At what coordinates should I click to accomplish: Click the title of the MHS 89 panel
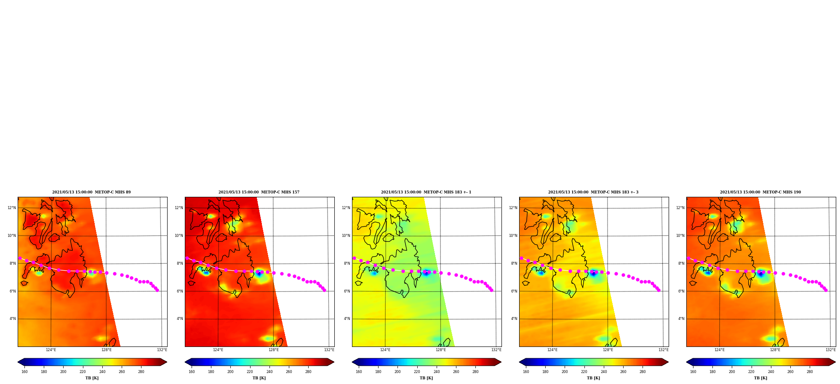click(x=91, y=192)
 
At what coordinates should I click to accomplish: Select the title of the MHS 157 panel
click(x=259, y=192)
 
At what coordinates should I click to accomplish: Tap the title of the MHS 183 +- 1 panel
click(x=426, y=192)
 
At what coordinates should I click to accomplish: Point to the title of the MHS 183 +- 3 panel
click(x=593, y=192)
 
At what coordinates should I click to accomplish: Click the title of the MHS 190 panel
click(x=760, y=192)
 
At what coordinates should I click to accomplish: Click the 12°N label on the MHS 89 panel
click(x=11, y=208)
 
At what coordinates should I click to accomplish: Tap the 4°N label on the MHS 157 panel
click(x=180, y=319)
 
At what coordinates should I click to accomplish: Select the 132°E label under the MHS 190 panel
click(x=830, y=350)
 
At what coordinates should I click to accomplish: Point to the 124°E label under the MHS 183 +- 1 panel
click(x=385, y=350)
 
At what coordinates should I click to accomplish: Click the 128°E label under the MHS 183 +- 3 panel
click(x=608, y=350)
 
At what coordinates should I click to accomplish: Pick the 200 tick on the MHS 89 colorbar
click(x=63, y=371)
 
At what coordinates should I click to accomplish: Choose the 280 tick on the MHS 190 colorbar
click(x=810, y=371)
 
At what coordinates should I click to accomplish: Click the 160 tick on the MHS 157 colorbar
click(x=192, y=371)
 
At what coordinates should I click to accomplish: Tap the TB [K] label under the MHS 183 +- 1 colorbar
click(x=426, y=378)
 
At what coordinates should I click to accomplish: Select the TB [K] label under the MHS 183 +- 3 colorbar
click(x=593, y=378)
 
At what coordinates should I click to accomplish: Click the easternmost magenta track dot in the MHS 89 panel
click(x=157, y=290)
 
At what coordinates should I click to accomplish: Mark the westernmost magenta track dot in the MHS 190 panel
click(x=688, y=258)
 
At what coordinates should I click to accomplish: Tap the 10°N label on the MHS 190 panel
click(x=680, y=236)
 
